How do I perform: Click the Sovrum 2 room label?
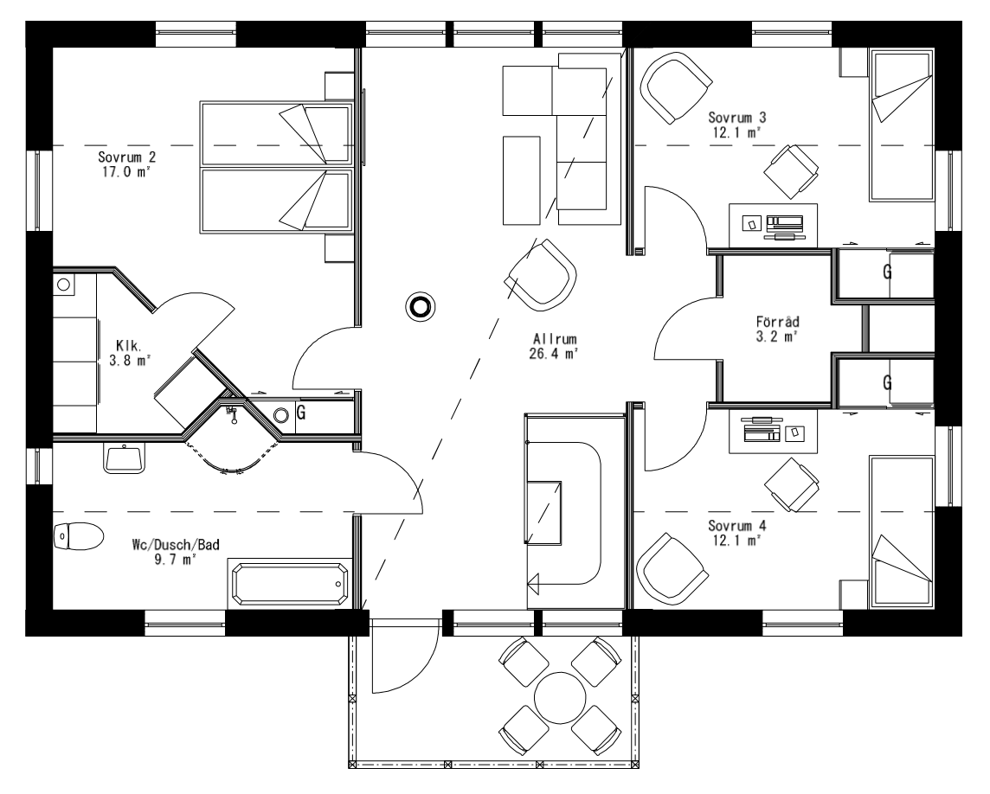(126, 157)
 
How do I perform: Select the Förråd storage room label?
(776, 322)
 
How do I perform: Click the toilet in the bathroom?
(78, 536)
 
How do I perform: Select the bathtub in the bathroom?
(289, 586)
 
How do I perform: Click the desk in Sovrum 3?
(773, 224)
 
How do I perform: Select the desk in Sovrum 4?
(773, 430)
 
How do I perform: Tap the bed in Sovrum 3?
(900, 125)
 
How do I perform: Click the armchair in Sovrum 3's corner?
(676, 86)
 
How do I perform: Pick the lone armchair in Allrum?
(543, 274)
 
